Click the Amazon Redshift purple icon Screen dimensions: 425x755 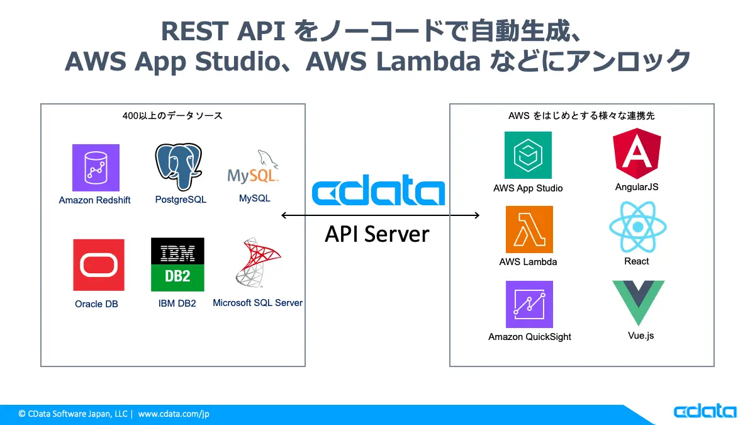[x=96, y=167]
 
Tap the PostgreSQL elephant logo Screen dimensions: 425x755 [x=179, y=167]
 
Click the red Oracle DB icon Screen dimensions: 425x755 [x=99, y=265]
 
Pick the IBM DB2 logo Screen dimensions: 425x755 [x=177, y=264]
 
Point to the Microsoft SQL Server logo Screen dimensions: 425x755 [x=257, y=263]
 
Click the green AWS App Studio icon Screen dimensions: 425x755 [x=528, y=155]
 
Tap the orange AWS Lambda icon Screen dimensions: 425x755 [x=529, y=229]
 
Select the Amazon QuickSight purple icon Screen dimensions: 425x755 [x=529, y=304]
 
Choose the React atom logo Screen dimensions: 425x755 [x=637, y=227]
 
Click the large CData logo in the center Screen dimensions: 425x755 [x=378, y=193]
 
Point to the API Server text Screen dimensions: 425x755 [x=377, y=234]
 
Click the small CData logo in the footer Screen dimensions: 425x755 [x=705, y=411]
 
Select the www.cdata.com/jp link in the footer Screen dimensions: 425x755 [x=174, y=414]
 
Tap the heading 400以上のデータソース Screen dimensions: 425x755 [x=172, y=116]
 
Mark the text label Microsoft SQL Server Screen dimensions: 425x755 [x=257, y=303]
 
